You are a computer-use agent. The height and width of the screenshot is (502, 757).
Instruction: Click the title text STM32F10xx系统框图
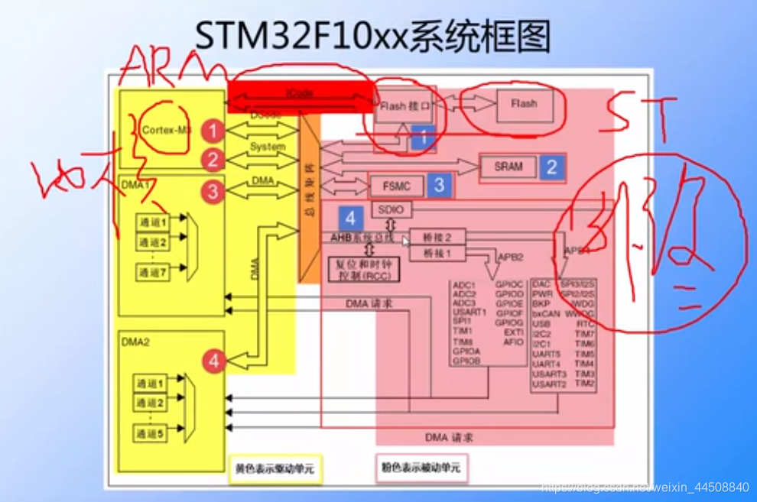coord(372,36)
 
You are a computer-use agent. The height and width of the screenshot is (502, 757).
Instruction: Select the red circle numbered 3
coord(213,191)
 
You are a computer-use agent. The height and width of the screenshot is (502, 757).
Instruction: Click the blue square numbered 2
coord(551,167)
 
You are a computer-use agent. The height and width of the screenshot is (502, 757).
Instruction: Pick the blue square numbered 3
coord(439,184)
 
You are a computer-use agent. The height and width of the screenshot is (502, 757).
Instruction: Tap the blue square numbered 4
coord(350,218)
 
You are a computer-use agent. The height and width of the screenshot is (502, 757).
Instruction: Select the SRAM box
coord(508,166)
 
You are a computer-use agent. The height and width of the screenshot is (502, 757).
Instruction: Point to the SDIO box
coord(391,209)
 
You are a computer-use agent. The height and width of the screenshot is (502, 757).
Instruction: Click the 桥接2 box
coord(437,236)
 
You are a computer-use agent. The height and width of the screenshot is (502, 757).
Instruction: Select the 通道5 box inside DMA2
coord(150,432)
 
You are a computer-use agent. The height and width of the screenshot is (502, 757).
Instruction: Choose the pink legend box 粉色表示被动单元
coord(421,468)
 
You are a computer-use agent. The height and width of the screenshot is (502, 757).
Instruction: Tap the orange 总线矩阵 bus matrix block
coord(309,199)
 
